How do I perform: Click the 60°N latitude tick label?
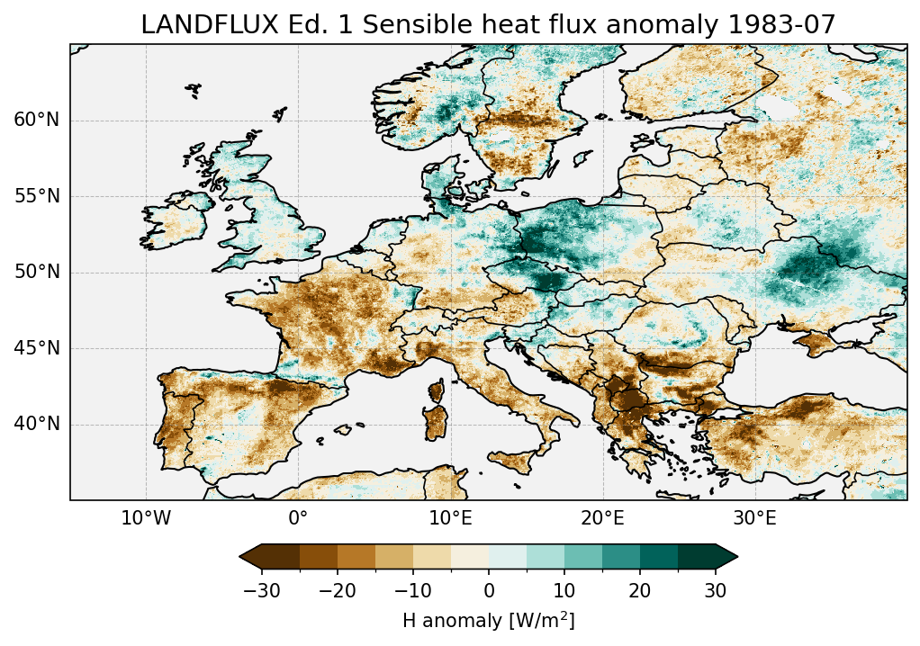click(x=37, y=121)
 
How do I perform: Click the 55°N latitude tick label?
click(x=37, y=196)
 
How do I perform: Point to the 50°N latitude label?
click(x=37, y=273)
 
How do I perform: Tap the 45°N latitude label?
click(x=37, y=348)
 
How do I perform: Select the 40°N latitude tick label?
click(x=37, y=424)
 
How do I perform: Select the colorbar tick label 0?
click(x=489, y=590)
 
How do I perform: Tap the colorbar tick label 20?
click(x=640, y=590)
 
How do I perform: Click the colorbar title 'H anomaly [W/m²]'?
click(x=488, y=621)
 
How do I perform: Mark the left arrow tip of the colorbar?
click(x=240, y=557)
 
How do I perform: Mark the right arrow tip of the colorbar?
click(x=737, y=557)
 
